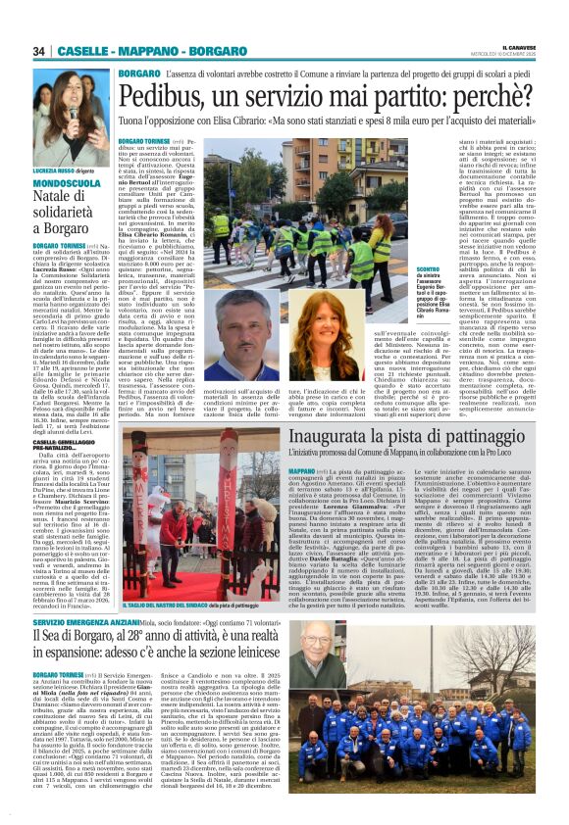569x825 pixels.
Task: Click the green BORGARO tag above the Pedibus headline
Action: [138, 74]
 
